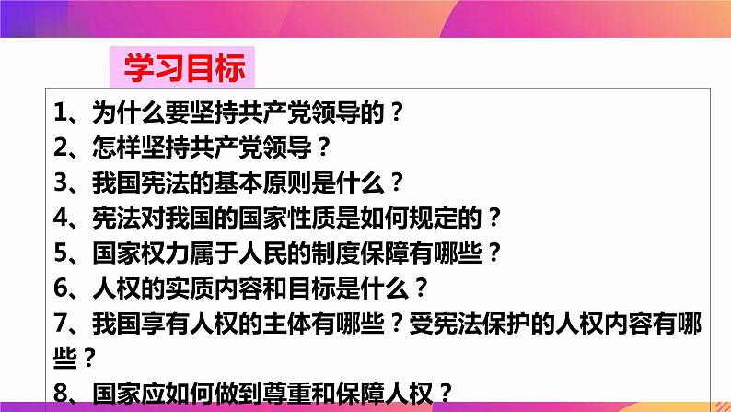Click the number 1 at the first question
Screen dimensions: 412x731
(62, 113)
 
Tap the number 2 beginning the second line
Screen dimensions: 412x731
(62, 147)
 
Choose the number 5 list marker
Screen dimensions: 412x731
(62, 252)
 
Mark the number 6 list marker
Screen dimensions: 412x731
(62, 287)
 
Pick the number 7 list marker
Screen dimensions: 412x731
(62, 322)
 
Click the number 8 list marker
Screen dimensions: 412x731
(62, 393)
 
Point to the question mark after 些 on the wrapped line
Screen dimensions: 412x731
(89, 357)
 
